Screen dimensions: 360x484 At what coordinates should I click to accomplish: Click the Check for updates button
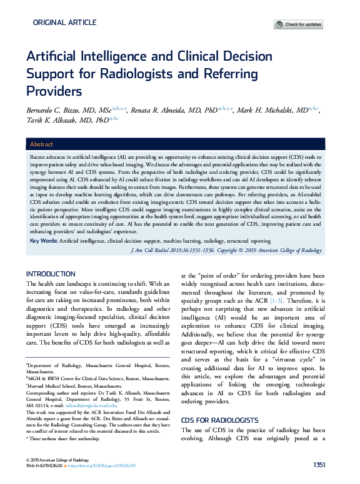(299, 24)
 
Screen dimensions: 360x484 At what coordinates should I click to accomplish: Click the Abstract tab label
(41, 144)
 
